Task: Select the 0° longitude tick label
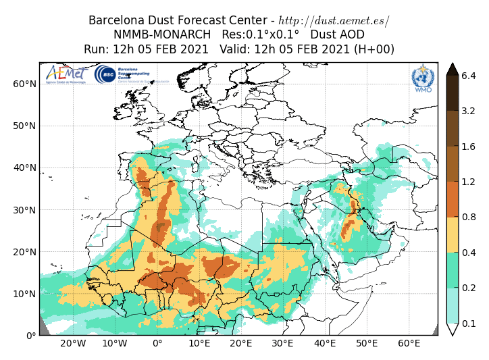point(157,344)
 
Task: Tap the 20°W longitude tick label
point(73,344)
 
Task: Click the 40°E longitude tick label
point(325,344)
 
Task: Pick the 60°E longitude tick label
point(409,344)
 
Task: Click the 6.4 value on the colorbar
point(469,76)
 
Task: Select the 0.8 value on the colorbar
point(469,217)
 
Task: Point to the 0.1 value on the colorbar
point(469,324)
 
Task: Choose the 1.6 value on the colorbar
point(469,146)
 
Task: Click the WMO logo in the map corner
point(423,78)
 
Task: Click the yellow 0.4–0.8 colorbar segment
point(453,234)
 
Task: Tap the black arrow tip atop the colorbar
point(453,68)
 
